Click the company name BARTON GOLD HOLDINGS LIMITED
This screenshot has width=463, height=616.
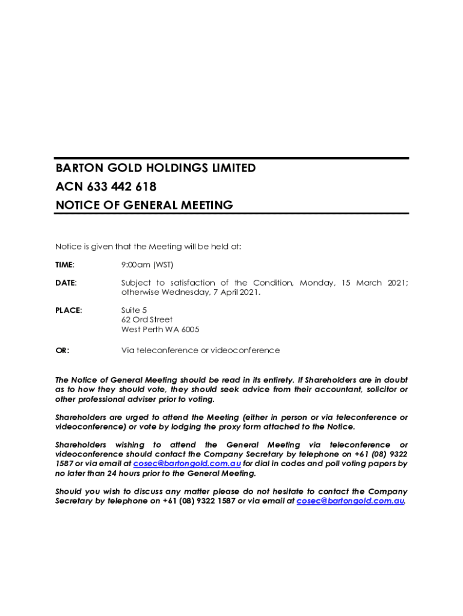coord(155,168)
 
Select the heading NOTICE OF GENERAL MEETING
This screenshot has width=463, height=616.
coord(144,205)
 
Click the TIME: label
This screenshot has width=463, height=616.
coord(65,265)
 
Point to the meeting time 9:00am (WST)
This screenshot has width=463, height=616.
coord(147,265)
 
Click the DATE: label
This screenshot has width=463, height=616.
coord(66,283)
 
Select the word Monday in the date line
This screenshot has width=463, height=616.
coord(317,283)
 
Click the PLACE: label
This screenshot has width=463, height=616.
coord(69,310)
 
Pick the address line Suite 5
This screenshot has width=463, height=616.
coord(134,310)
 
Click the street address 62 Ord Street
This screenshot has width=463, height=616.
coord(147,320)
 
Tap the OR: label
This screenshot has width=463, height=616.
coord(63,351)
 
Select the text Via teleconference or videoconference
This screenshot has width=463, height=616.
coord(200,351)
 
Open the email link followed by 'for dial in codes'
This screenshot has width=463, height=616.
coord(187,464)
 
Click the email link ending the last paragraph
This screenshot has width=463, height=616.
coord(351,501)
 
